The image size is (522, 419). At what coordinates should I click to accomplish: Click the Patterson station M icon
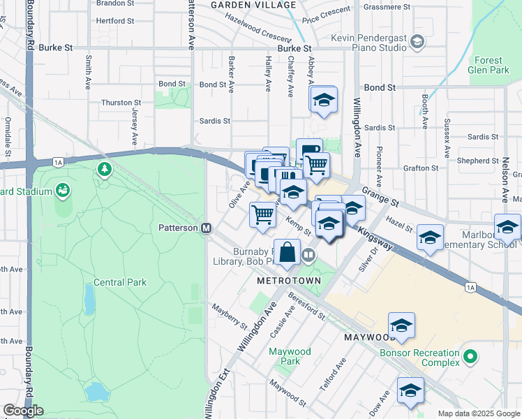click(x=206, y=228)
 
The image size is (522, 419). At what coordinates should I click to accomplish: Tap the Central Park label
click(x=121, y=282)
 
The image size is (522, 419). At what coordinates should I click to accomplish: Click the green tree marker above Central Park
click(x=105, y=168)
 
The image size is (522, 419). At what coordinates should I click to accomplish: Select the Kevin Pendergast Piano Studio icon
click(x=417, y=42)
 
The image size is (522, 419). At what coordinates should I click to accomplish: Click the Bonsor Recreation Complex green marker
click(x=470, y=358)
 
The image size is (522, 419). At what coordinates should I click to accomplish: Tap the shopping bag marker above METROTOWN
click(x=288, y=252)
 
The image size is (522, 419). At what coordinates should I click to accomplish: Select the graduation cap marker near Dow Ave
click(x=410, y=390)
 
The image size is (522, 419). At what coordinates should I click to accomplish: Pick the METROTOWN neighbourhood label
click(x=288, y=281)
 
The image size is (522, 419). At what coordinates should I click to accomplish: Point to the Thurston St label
click(x=117, y=103)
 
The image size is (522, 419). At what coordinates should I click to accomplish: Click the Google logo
click(x=23, y=411)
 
